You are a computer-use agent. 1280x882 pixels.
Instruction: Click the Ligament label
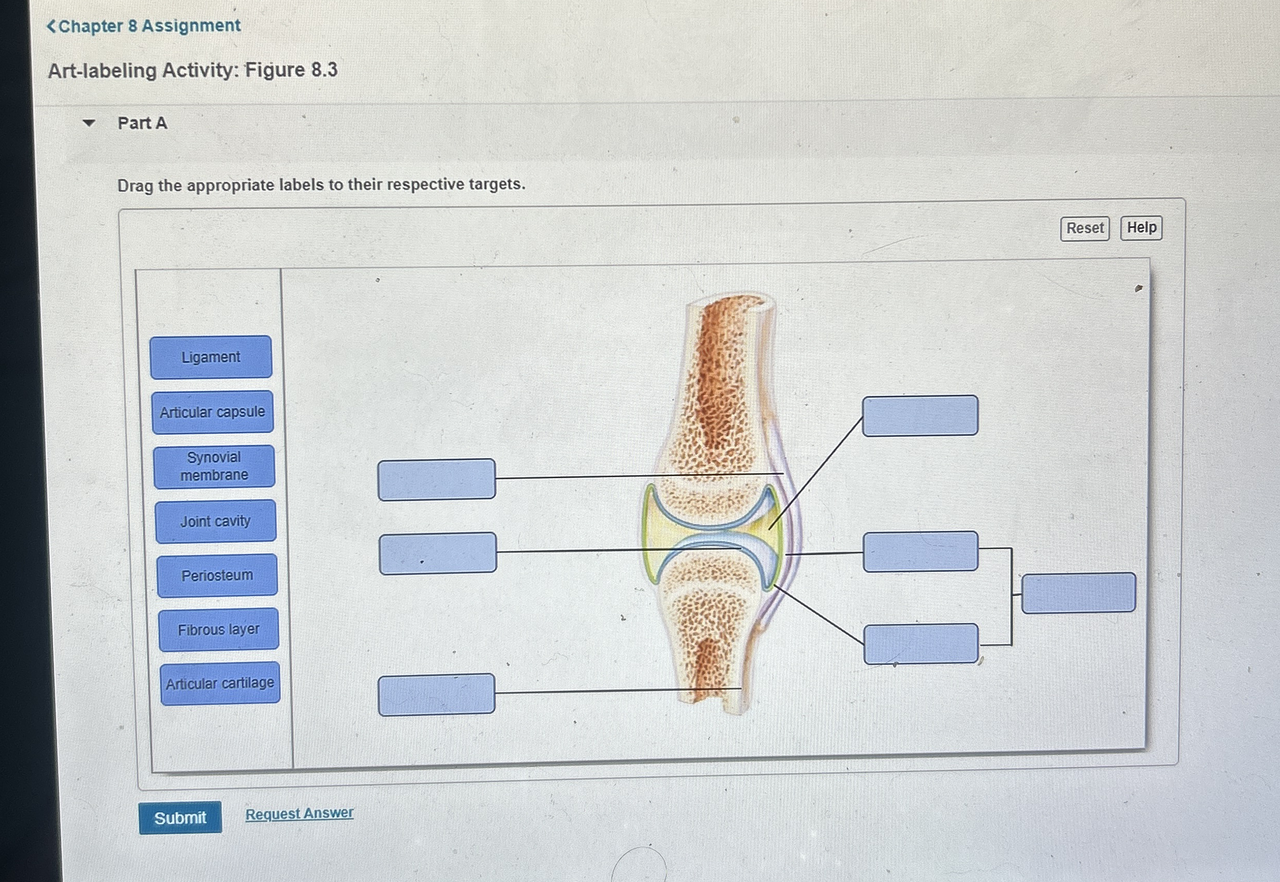211,357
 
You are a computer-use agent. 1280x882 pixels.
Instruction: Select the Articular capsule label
212,412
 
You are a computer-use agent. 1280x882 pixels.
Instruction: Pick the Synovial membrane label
214,466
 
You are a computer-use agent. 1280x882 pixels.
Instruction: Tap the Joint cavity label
216,521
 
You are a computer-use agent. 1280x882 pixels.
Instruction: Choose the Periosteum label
217,575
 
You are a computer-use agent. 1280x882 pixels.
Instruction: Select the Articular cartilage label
220,683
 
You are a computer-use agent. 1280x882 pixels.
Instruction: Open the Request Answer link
299,813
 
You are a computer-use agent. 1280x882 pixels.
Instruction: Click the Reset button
1084,228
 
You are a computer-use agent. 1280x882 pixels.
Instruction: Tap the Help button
1141,227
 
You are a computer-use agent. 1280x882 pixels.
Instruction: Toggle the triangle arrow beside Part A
88,123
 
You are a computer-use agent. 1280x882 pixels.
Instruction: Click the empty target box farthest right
1078,593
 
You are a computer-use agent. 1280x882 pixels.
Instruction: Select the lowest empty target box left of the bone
436,694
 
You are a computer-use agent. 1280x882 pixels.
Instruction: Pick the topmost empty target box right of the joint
920,416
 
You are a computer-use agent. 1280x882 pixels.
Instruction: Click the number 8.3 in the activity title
324,70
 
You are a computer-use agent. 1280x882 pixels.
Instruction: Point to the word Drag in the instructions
135,186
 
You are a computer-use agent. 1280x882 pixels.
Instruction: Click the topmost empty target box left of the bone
436,480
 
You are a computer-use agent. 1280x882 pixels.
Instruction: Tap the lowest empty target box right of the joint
921,644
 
